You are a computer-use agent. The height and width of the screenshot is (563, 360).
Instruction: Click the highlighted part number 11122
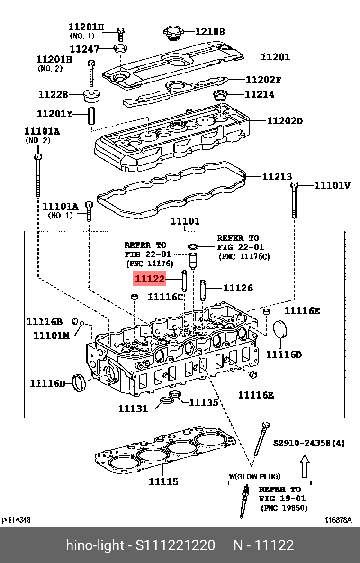[x=150, y=280]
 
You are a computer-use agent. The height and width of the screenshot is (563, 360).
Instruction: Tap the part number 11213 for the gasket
[x=277, y=177]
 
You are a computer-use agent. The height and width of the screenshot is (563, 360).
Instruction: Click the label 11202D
[x=284, y=121]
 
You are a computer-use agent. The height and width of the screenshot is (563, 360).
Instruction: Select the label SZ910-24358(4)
[x=309, y=444]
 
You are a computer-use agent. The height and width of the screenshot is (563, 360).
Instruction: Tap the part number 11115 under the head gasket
[x=163, y=481]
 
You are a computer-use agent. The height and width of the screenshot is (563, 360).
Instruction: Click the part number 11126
[x=238, y=288]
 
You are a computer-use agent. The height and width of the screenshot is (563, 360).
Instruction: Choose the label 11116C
[x=165, y=297]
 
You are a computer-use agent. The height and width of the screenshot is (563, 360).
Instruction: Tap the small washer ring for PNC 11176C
[x=193, y=246]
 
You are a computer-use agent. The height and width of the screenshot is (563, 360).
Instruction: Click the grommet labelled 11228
[x=91, y=95]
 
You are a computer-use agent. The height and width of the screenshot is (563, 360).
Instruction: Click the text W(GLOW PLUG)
[x=255, y=476]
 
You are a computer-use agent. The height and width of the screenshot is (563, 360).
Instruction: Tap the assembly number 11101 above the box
[x=185, y=221]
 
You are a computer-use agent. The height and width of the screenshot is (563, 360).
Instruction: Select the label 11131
[x=133, y=408]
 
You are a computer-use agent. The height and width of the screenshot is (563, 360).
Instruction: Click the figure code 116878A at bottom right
[x=338, y=520]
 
